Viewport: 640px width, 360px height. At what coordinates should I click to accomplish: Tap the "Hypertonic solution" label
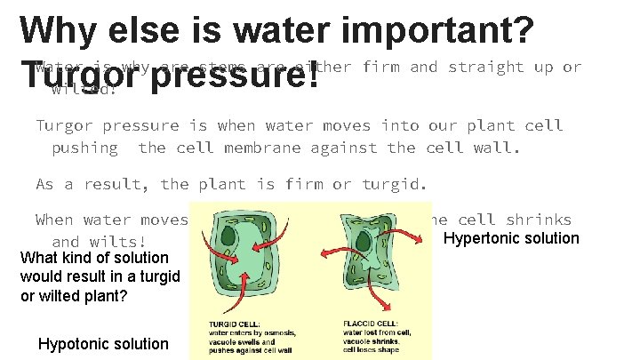pyautogui.click(x=511, y=238)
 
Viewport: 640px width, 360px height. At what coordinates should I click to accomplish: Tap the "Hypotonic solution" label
pyautogui.click(x=103, y=344)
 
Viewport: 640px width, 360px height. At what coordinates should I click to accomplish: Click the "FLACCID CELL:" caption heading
pyautogui.click(x=366, y=324)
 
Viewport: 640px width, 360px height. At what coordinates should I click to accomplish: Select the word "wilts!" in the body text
pyautogui.click(x=118, y=242)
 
